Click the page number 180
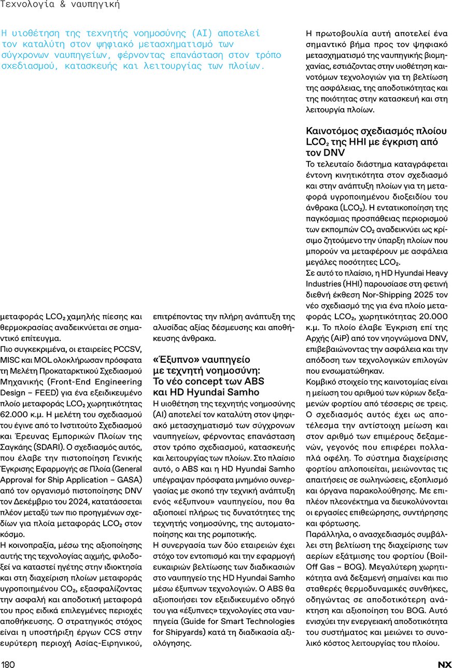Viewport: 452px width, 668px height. pyautogui.click(x=8, y=664)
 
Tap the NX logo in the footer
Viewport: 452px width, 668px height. pyautogui.click(x=444, y=664)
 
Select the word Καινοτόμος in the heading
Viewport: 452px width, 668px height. pyautogui.click(x=333, y=131)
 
